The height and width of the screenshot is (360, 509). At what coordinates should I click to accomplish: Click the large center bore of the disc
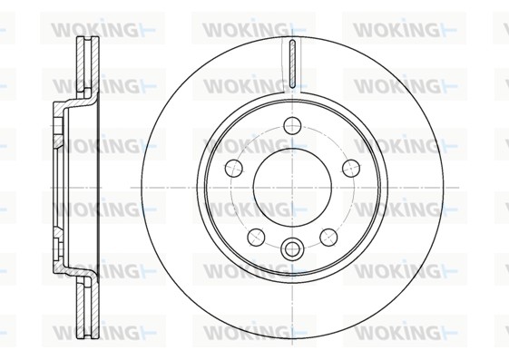pyautogui.click(x=292, y=188)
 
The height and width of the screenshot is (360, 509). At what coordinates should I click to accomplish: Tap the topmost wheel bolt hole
pyautogui.click(x=292, y=125)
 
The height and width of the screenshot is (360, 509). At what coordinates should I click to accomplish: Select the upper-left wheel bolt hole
pyautogui.click(x=234, y=168)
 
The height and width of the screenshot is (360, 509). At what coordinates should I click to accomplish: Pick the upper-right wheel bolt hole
pyautogui.click(x=351, y=168)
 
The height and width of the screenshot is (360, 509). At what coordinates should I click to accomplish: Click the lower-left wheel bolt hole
pyautogui.click(x=256, y=237)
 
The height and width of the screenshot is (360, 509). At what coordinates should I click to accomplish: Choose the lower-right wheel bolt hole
pyautogui.click(x=328, y=237)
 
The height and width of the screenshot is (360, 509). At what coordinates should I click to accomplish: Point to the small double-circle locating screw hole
pyautogui.click(x=292, y=249)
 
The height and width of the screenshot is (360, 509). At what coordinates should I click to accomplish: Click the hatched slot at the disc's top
pyautogui.click(x=292, y=63)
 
